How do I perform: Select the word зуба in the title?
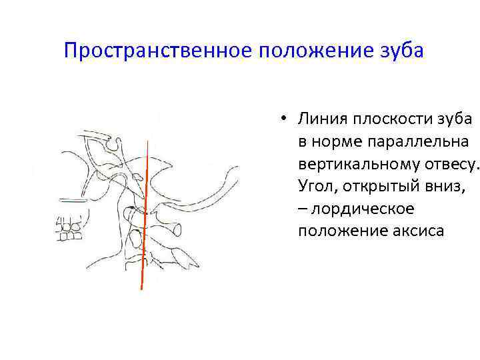(x=400, y=51)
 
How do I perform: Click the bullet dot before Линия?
(x=283, y=119)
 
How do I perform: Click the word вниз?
(x=445, y=187)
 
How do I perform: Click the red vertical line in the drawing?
(x=144, y=213)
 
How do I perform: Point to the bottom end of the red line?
(x=141, y=289)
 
